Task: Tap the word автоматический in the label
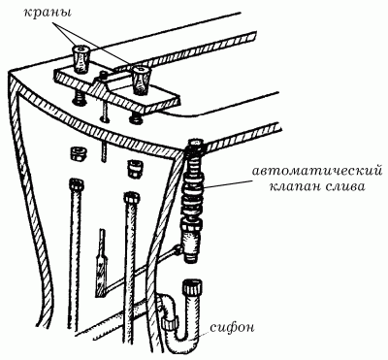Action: pyautogui.click(x=308, y=169)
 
